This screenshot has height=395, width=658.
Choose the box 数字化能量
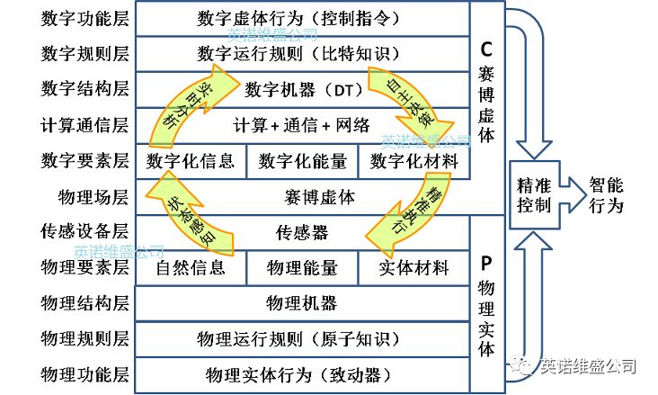[302, 161]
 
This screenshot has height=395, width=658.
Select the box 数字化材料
[413, 161]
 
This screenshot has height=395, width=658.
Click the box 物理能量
[302, 267]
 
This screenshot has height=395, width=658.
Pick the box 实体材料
[413, 267]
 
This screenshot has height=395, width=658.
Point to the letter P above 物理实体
[486, 262]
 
